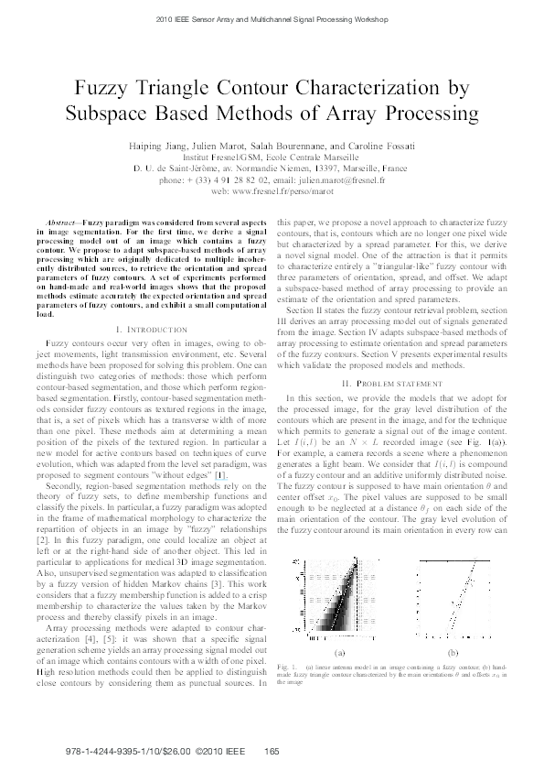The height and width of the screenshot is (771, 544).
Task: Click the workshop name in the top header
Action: pos(272,18)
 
